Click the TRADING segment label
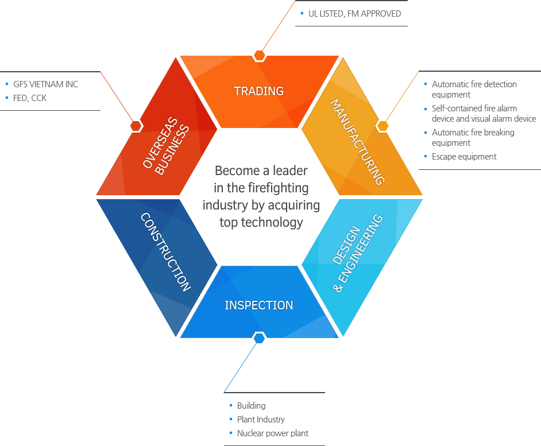click(259, 91)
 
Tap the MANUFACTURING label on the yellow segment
click(357, 141)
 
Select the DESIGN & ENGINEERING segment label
click(357, 253)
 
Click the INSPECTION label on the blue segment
click(259, 305)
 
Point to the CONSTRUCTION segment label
click(165, 252)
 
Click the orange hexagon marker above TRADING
click(260, 56)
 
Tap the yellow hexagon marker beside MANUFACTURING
click(382, 126)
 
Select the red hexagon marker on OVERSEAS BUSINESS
click(136, 126)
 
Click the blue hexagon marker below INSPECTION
click(260, 338)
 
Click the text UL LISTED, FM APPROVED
click(354, 14)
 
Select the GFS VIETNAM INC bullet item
click(45, 84)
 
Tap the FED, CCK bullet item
click(30, 98)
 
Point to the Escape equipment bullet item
click(464, 157)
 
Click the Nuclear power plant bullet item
click(273, 433)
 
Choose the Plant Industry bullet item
click(261, 420)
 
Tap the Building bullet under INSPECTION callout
click(251, 406)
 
